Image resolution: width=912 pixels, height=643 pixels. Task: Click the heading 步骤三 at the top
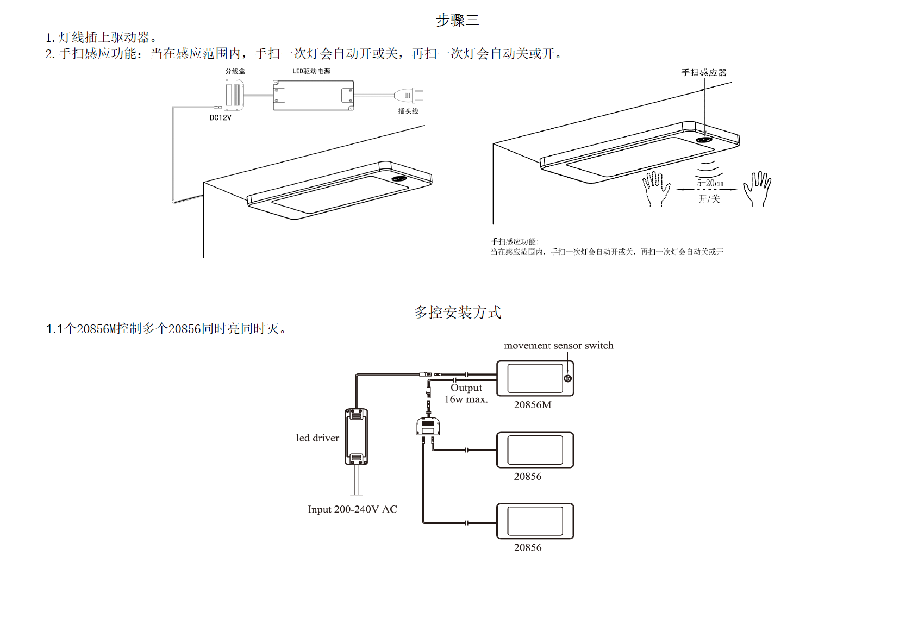click(x=457, y=21)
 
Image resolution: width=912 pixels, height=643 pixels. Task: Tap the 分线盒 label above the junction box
click(x=235, y=71)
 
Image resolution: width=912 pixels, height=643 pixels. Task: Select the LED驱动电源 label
click(x=311, y=71)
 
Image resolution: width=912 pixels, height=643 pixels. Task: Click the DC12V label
click(x=221, y=117)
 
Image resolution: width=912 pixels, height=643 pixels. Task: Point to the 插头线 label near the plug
click(x=408, y=111)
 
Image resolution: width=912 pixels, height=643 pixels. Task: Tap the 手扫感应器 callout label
click(x=704, y=72)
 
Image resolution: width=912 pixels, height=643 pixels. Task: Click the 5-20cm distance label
click(x=710, y=184)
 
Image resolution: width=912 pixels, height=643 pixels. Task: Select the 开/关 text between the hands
click(x=709, y=199)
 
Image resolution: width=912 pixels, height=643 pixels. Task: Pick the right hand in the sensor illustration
click(x=758, y=188)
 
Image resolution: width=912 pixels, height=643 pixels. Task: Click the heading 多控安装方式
click(x=457, y=313)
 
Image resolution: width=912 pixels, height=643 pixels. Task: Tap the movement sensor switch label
click(x=558, y=346)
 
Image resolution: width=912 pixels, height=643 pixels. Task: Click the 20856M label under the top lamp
click(x=532, y=405)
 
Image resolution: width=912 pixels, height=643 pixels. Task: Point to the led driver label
click(x=317, y=438)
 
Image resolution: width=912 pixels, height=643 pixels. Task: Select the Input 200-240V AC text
click(x=352, y=509)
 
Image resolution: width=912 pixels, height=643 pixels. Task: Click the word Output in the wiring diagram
click(x=466, y=388)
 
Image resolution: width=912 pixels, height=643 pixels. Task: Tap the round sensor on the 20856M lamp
click(x=568, y=378)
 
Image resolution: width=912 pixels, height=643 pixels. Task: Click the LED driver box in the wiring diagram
click(x=357, y=437)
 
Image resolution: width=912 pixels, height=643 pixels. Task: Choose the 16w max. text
click(x=466, y=399)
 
